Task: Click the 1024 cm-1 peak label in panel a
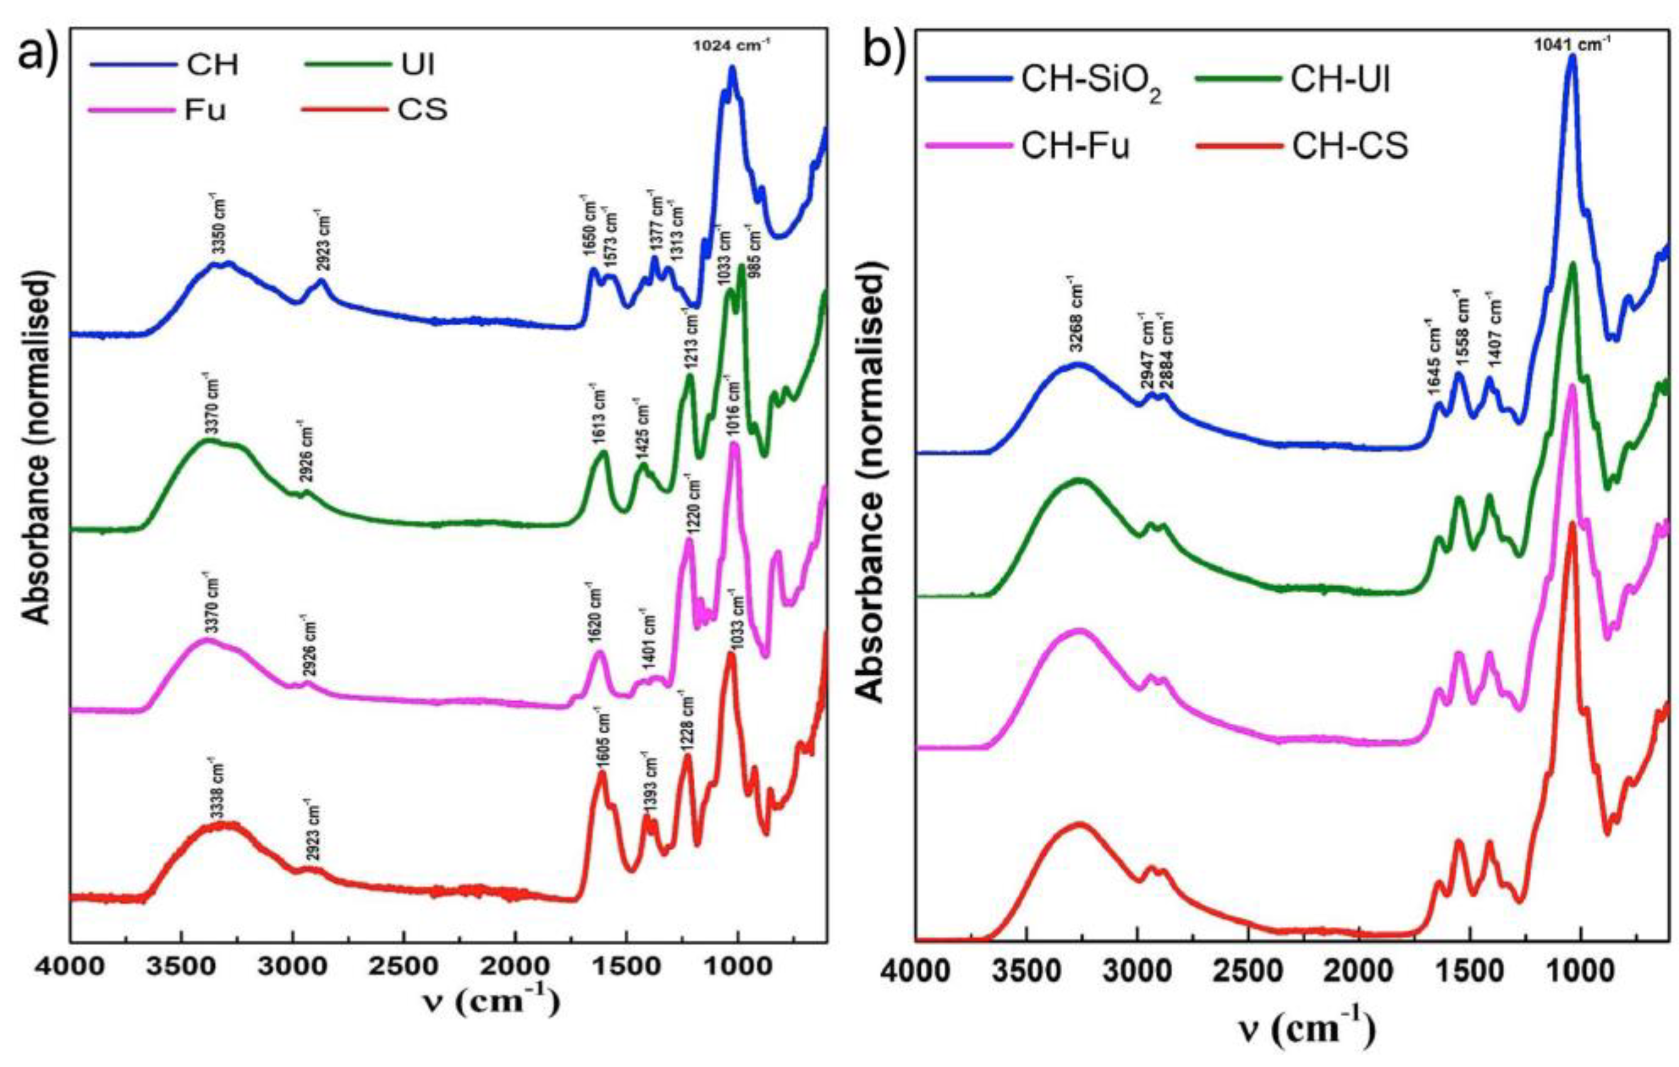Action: tap(731, 47)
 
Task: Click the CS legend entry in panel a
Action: tap(421, 109)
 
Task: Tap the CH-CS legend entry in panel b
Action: tap(1349, 147)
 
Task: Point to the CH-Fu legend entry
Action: tap(1075, 147)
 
